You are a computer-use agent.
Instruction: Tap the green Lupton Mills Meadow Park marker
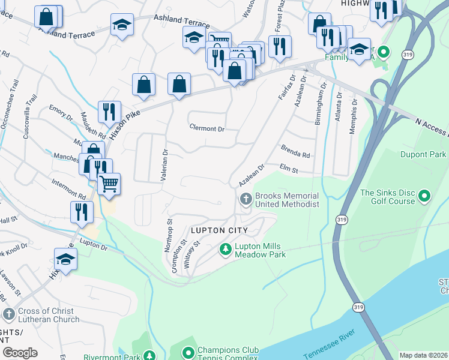coord(226,249)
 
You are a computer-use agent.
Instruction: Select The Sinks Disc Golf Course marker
coord(424,196)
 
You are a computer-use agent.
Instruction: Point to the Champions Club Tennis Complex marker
coord(188,352)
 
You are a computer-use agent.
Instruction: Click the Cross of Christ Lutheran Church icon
coord(9,314)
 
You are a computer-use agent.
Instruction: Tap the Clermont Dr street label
coord(206,128)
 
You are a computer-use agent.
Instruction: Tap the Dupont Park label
coord(423,154)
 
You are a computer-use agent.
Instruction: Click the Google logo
coord(20,352)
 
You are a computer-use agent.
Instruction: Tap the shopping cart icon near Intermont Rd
coord(109,184)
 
